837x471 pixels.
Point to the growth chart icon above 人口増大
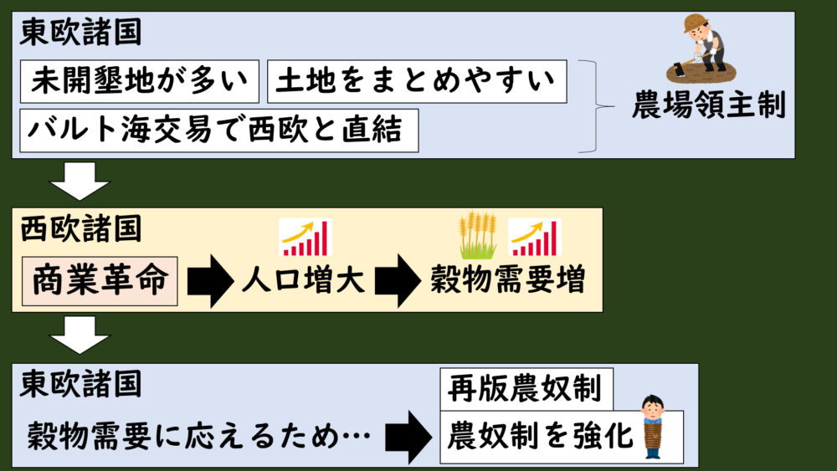pyautogui.click(x=306, y=237)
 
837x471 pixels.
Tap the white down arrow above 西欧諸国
pyautogui.click(x=80, y=181)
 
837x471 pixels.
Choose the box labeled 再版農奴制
pyautogui.click(x=526, y=388)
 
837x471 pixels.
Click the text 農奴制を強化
pyautogui.click(x=541, y=435)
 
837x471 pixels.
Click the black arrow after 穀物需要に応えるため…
pyautogui.click(x=408, y=435)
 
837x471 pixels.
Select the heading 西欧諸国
pyautogui.click(x=80, y=228)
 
